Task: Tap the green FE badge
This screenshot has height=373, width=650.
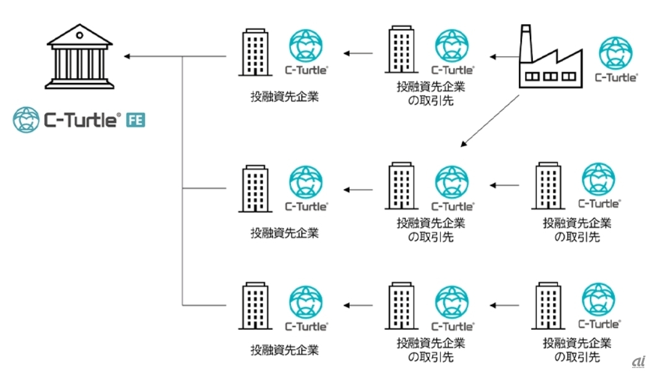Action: coord(136,120)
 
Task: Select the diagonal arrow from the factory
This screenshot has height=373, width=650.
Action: coord(490,121)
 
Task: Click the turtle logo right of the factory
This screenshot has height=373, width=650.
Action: coord(615,54)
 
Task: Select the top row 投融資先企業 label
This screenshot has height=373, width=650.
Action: coord(284,97)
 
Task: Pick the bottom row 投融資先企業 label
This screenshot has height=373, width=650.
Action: coord(284,350)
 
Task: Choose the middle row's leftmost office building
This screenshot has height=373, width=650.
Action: coord(254,188)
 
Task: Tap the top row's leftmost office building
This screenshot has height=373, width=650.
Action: coord(254,52)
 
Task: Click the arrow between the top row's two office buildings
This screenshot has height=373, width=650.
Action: coord(358,54)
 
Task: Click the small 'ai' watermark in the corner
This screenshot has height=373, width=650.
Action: coord(638,361)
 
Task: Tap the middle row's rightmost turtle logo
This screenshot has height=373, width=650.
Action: coord(599,180)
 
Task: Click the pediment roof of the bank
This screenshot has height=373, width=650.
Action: coord(79,37)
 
